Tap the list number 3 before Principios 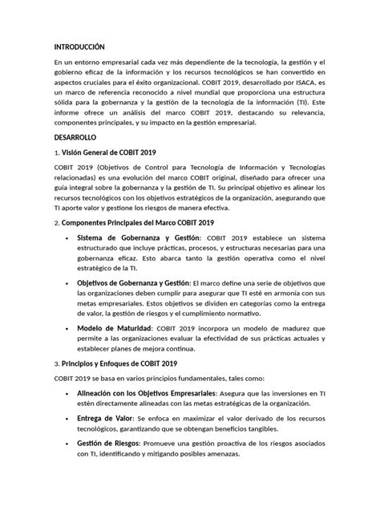click(x=56, y=363)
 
